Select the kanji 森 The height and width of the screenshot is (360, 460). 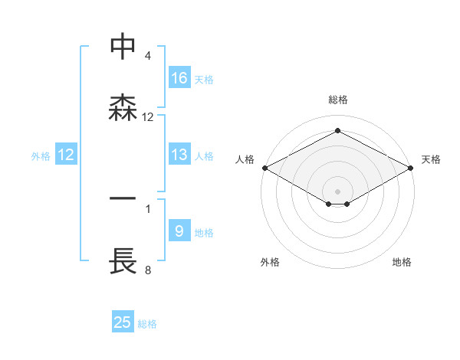point(123,107)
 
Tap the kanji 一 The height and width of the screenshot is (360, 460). point(123,198)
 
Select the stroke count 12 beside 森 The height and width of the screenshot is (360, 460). point(148,117)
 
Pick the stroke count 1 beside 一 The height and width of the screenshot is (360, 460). point(147,208)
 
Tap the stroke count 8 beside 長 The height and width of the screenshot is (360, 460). point(147,270)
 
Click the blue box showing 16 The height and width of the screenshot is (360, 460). point(179,78)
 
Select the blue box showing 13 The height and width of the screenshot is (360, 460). point(179,155)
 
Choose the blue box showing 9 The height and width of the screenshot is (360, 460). point(179,231)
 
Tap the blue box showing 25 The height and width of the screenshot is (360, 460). point(123,322)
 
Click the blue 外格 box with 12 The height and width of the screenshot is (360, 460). point(66,155)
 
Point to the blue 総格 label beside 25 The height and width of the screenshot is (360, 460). point(147,324)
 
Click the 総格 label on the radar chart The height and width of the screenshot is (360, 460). point(338,100)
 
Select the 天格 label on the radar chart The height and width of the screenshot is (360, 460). point(431,159)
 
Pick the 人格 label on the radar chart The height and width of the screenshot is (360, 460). point(245,159)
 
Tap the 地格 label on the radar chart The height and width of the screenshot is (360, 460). point(402,262)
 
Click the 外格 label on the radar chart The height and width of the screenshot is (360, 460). point(270,262)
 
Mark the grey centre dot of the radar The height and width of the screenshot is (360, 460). point(338,191)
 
